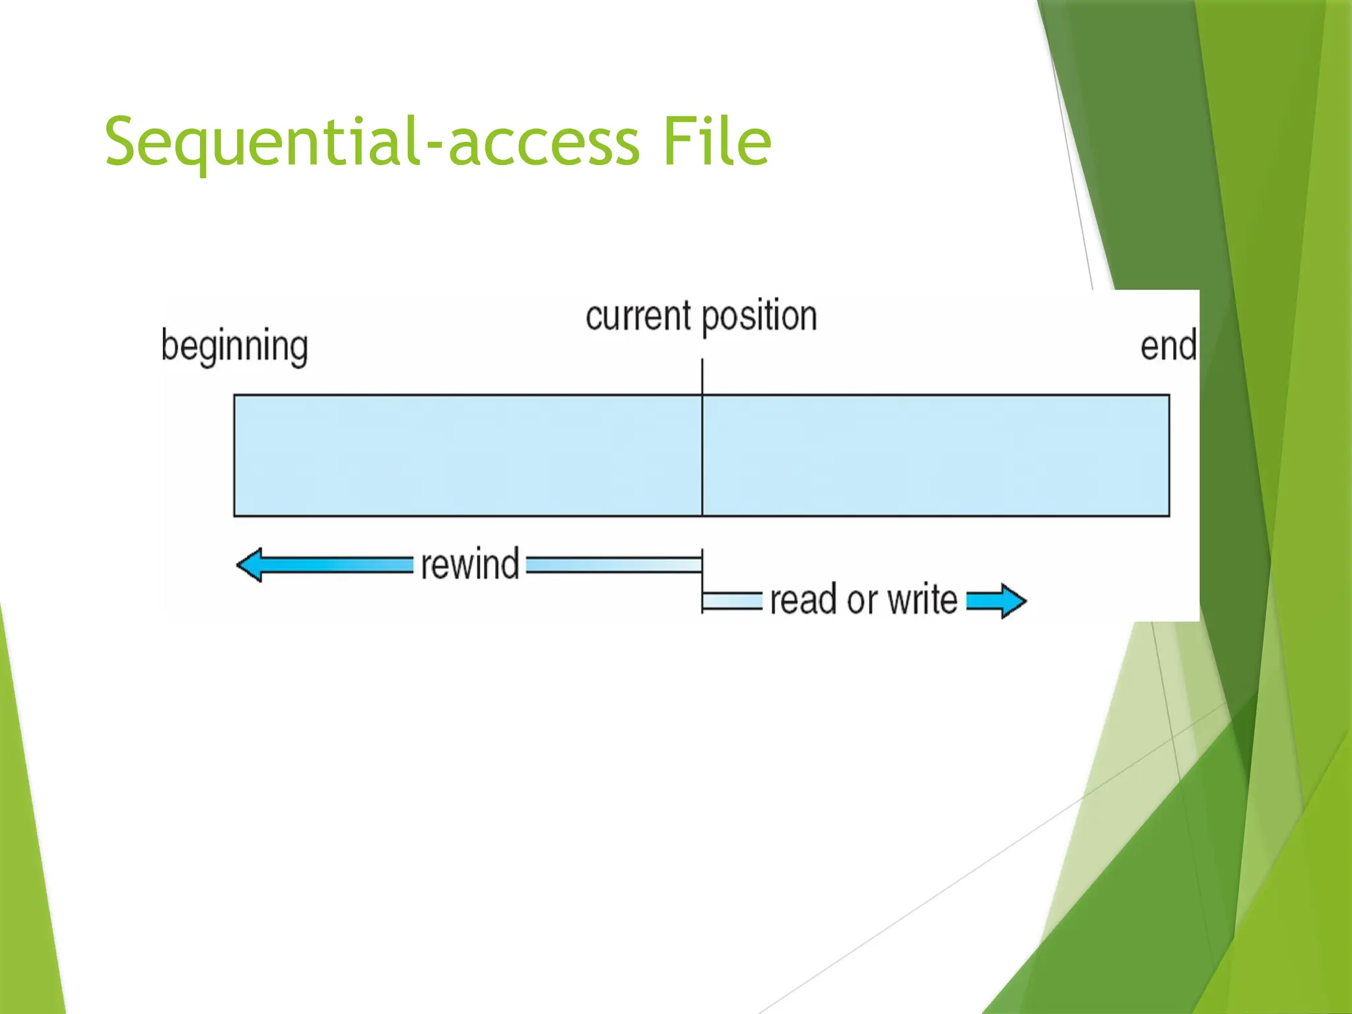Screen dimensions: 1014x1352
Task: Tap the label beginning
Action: pos(234,346)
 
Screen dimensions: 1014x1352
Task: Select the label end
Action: pos(1168,346)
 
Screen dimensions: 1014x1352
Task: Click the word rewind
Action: pos(470,565)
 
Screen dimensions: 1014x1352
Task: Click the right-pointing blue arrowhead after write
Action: pos(1010,601)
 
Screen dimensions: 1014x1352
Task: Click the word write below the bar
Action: pos(922,600)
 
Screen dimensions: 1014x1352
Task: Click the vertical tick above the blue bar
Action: pos(702,376)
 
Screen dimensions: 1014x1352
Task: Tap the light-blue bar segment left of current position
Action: pos(467,456)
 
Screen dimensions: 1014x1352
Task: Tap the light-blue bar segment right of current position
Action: pos(935,456)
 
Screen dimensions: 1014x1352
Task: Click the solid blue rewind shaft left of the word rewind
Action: pos(337,565)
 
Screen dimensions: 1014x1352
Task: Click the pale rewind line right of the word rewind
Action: pos(614,565)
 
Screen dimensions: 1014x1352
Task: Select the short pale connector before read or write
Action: pos(732,601)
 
